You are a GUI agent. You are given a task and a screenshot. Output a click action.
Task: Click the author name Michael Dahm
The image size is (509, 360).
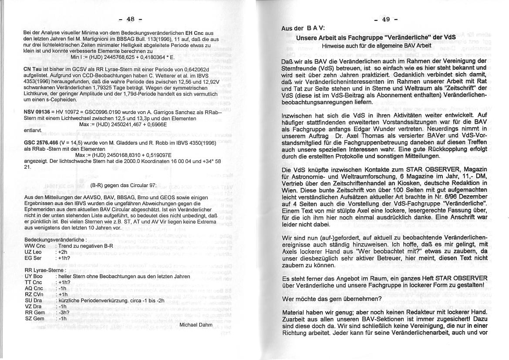point(196,325)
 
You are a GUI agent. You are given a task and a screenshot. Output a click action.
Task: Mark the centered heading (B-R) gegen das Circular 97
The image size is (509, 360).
point(123,185)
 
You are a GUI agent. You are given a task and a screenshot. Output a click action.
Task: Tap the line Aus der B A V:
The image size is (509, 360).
point(303,28)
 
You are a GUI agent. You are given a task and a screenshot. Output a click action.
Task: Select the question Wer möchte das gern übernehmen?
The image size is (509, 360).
point(332,299)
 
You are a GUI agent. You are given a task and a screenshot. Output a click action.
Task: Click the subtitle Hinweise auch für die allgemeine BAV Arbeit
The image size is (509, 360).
point(376,45)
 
